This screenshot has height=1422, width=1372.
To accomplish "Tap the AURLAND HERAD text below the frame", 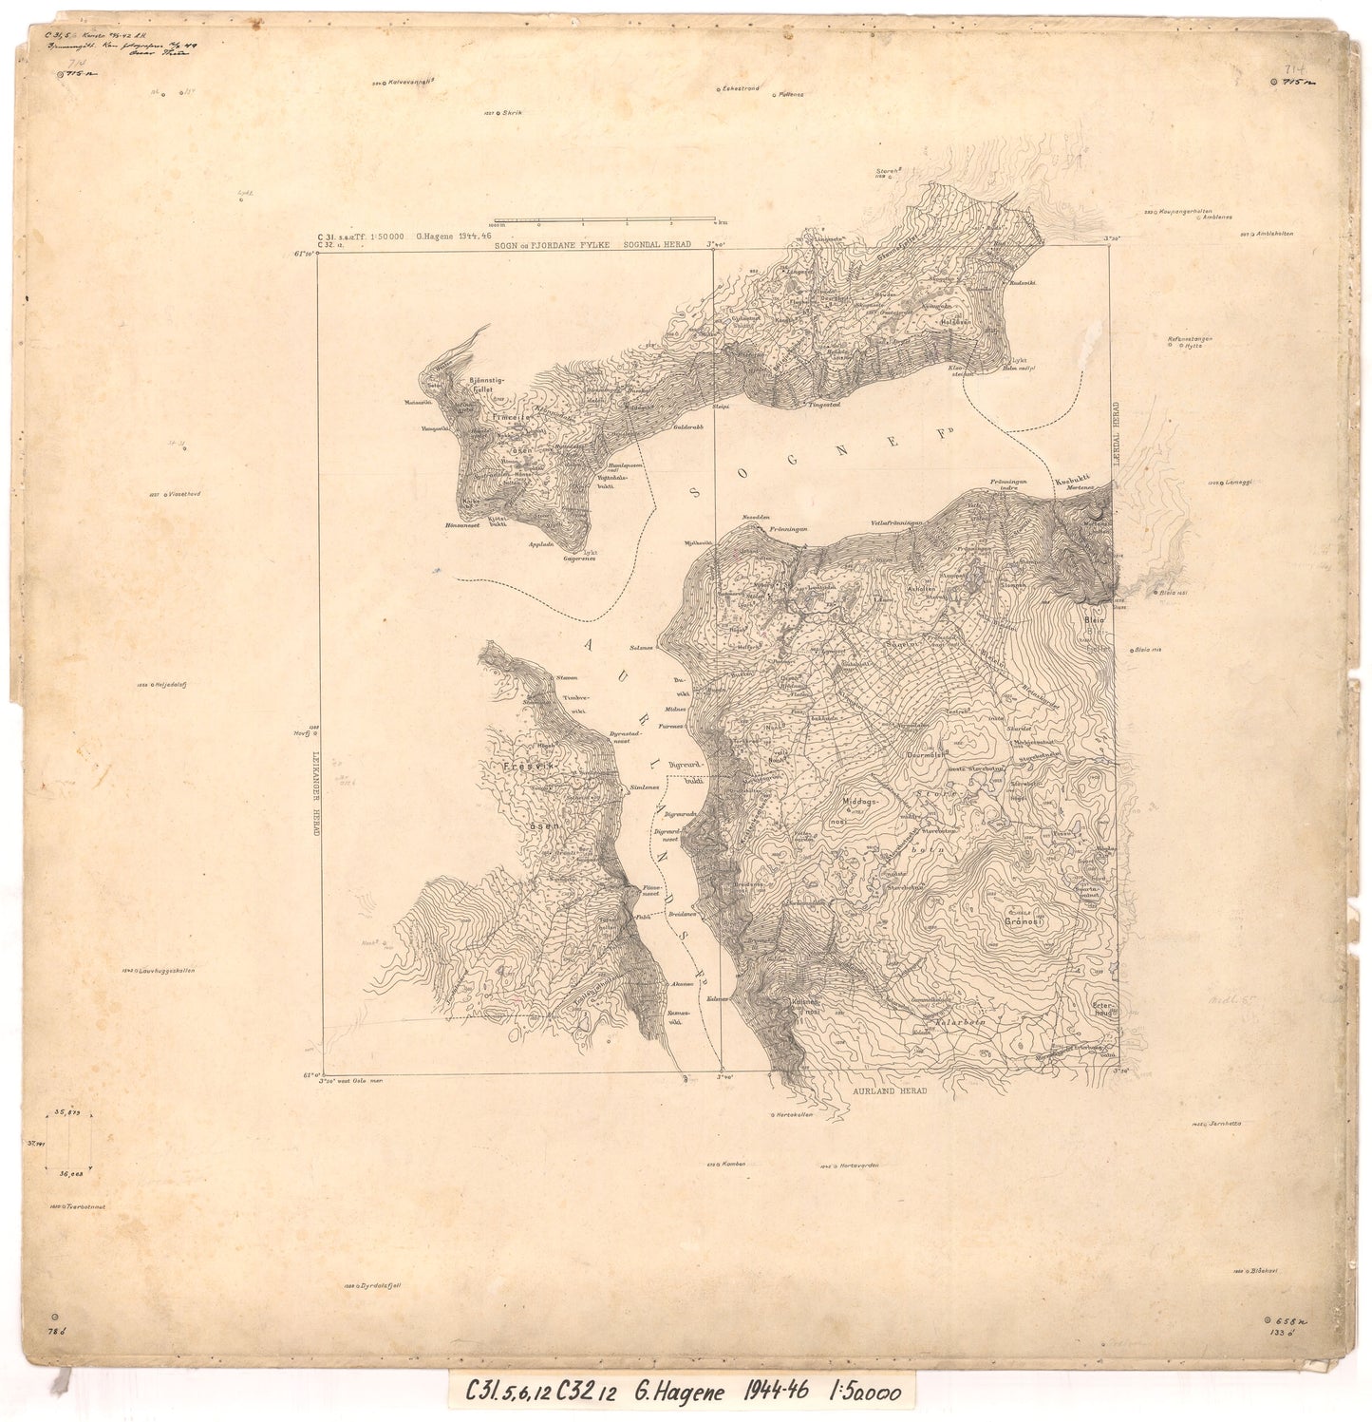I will (x=889, y=1090).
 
